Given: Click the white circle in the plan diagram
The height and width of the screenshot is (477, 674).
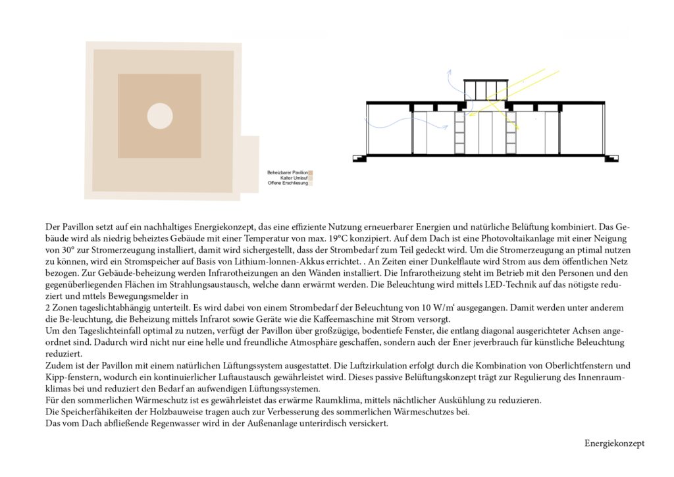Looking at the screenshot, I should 159,116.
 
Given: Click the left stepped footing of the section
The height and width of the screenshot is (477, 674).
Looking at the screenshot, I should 359,158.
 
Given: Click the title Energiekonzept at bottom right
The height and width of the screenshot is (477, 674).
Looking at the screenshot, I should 614,443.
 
